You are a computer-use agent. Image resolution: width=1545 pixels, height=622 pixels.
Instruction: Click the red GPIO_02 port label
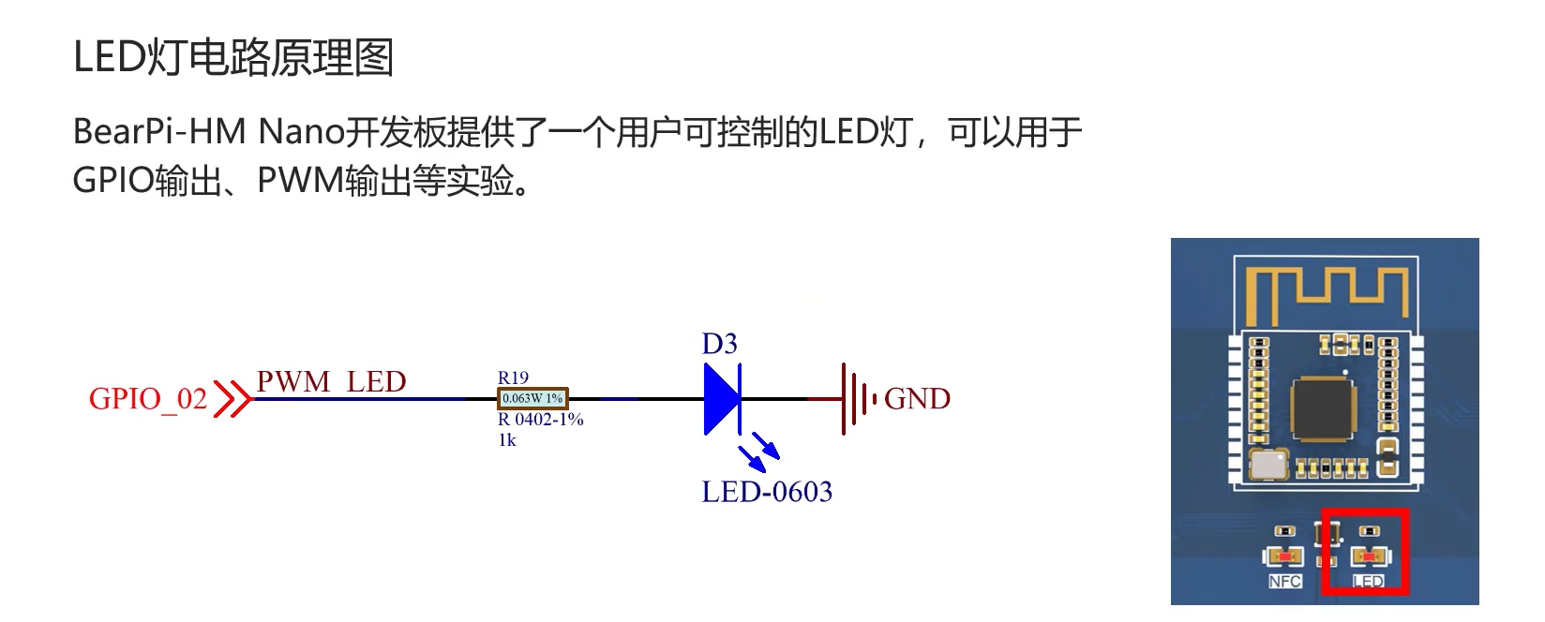click(x=148, y=399)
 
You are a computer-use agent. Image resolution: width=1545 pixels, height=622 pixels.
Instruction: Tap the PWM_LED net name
click(x=331, y=382)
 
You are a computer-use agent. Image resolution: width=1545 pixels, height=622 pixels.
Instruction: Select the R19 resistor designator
click(x=513, y=378)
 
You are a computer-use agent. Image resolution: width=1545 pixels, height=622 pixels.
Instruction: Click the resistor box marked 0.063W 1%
click(x=532, y=399)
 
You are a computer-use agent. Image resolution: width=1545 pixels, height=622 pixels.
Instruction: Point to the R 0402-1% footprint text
click(x=541, y=420)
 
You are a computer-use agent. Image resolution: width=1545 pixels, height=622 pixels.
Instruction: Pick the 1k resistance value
click(x=507, y=440)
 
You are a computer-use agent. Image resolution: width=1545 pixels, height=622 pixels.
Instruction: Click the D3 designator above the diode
click(x=720, y=344)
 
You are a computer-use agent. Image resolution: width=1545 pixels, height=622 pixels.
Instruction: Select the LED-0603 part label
click(x=767, y=492)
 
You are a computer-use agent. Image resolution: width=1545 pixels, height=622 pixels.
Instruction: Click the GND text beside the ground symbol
click(x=917, y=399)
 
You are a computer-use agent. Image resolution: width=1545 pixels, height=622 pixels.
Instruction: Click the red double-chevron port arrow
click(x=232, y=399)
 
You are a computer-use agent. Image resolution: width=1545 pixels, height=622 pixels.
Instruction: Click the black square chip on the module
click(x=1323, y=409)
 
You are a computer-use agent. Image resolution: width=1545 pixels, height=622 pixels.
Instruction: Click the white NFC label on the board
click(x=1284, y=582)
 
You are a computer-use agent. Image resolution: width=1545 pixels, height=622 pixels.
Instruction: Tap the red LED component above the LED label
click(x=1370, y=558)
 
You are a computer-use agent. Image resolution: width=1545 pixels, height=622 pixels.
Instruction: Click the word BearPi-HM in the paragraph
click(x=159, y=132)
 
